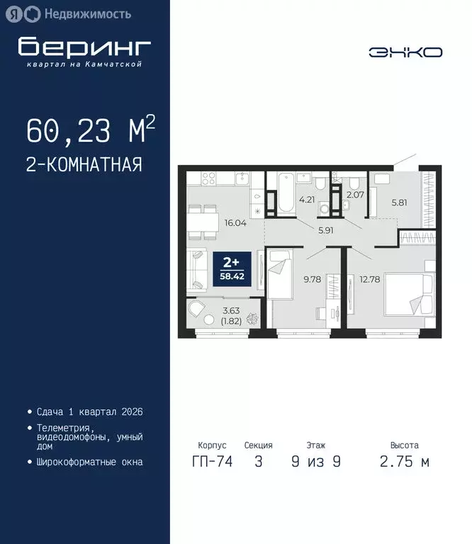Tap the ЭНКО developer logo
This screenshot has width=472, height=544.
coord(405,52)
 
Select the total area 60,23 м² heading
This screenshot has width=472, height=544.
coord(90,131)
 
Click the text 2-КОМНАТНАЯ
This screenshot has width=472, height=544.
coord(84,165)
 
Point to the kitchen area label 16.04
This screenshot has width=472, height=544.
coord(236,222)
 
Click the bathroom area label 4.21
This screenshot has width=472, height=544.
coord(307,200)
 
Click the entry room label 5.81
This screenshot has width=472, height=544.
coord(400,200)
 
